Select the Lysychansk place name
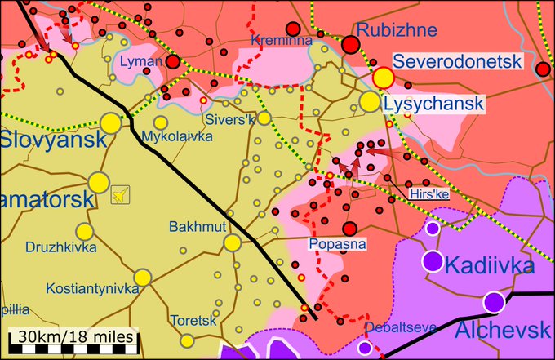(434, 104)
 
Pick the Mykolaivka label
(177, 136)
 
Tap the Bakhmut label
(196, 226)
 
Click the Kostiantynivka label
(92, 289)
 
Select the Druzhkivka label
(60, 246)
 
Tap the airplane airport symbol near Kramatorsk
(120, 195)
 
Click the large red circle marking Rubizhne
(351, 46)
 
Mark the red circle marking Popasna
(350, 229)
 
